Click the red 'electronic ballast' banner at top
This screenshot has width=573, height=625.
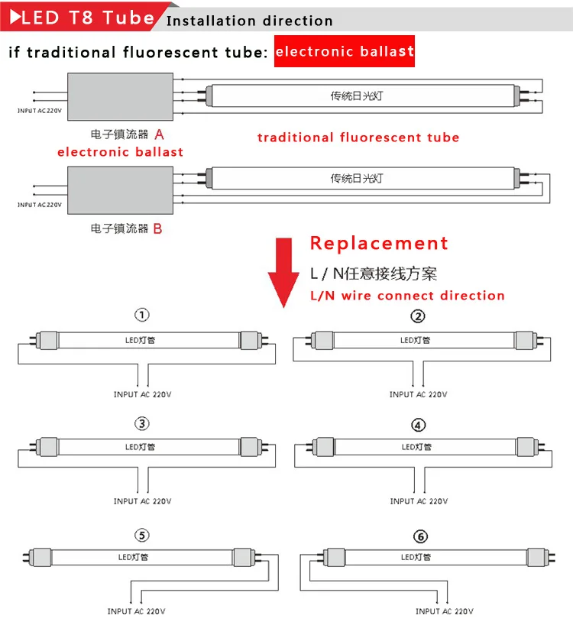(x=344, y=51)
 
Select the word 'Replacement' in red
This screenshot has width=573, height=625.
(x=379, y=244)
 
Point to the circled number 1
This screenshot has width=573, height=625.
(x=142, y=315)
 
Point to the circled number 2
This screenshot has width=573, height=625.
(x=418, y=316)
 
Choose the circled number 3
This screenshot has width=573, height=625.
(x=142, y=423)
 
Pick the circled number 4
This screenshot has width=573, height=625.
(x=418, y=425)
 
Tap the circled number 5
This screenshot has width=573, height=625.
(x=142, y=535)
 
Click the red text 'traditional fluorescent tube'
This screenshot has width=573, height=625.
(x=358, y=138)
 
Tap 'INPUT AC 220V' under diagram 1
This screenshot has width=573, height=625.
(x=142, y=394)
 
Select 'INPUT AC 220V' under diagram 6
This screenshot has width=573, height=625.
(x=445, y=611)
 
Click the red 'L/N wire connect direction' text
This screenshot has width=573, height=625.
(x=407, y=296)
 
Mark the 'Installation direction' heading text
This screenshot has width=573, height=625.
(x=249, y=21)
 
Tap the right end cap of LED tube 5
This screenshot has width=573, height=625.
(x=243, y=557)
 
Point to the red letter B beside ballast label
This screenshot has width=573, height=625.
(x=158, y=228)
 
